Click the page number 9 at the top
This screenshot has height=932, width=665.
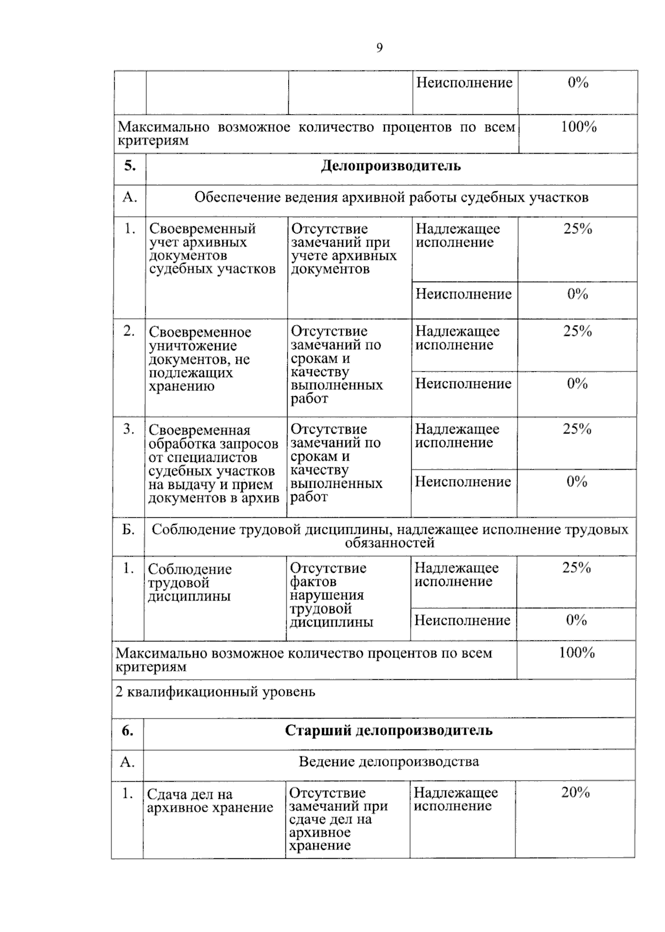pos(379,49)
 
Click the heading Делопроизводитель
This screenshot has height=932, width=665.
pos(391,166)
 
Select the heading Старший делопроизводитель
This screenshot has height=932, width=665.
pos(388,730)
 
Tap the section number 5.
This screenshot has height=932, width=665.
pos(130,166)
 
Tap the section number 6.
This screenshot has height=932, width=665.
pos(127,730)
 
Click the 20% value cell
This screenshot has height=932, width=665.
pos(575,792)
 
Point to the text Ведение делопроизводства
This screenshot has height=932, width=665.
pos(388,761)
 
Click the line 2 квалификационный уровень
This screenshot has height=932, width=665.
pos(216,692)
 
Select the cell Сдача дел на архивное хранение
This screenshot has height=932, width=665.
pos(210,801)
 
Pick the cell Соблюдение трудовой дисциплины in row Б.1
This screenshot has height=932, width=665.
pos(190,583)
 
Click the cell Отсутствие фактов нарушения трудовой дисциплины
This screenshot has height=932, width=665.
pos(331,595)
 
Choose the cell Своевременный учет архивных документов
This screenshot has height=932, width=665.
pos(212,249)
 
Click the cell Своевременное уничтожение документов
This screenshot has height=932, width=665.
pos(199,359)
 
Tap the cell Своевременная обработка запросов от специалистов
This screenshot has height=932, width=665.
pos(213,464)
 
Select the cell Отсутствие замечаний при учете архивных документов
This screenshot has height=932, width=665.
pos(344,249)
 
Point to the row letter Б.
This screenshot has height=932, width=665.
pos(128,529)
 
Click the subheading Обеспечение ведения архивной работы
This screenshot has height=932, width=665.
pos(391,197)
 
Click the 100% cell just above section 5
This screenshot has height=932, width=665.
pos(578,127)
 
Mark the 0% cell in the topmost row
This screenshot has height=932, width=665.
pos(577,83)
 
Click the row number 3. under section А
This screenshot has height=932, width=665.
pos(129,429)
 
